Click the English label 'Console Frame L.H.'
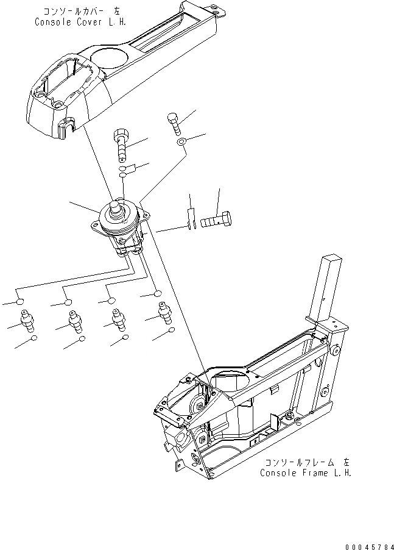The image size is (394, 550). pyautogui.click(x=306, y=473)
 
